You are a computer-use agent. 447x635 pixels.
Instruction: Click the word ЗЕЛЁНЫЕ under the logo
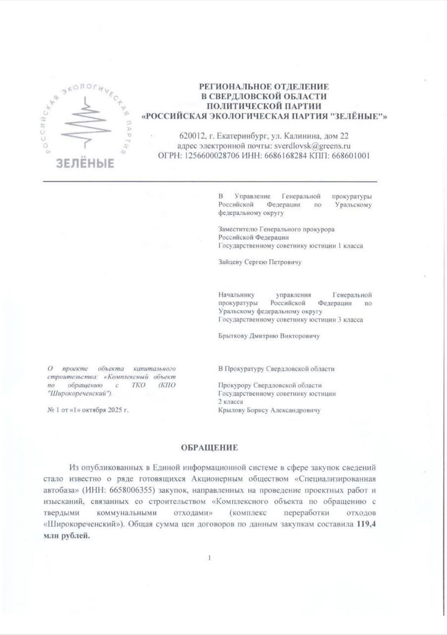point(84,163)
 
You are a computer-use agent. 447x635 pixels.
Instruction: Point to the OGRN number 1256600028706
point(213,156)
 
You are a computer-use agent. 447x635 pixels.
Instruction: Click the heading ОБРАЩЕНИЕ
point(210,447)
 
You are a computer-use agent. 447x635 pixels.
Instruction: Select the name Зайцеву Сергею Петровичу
point(260,262)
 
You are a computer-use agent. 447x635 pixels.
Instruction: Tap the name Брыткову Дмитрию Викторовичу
point(269,336)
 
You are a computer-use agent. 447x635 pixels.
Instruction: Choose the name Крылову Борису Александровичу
point(269,410)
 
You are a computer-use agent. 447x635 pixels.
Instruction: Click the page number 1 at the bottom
point(210,558)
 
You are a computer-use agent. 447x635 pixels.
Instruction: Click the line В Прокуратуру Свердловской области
point(276,369)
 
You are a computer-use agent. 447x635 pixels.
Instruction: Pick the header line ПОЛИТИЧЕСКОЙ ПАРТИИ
point(264,106)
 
